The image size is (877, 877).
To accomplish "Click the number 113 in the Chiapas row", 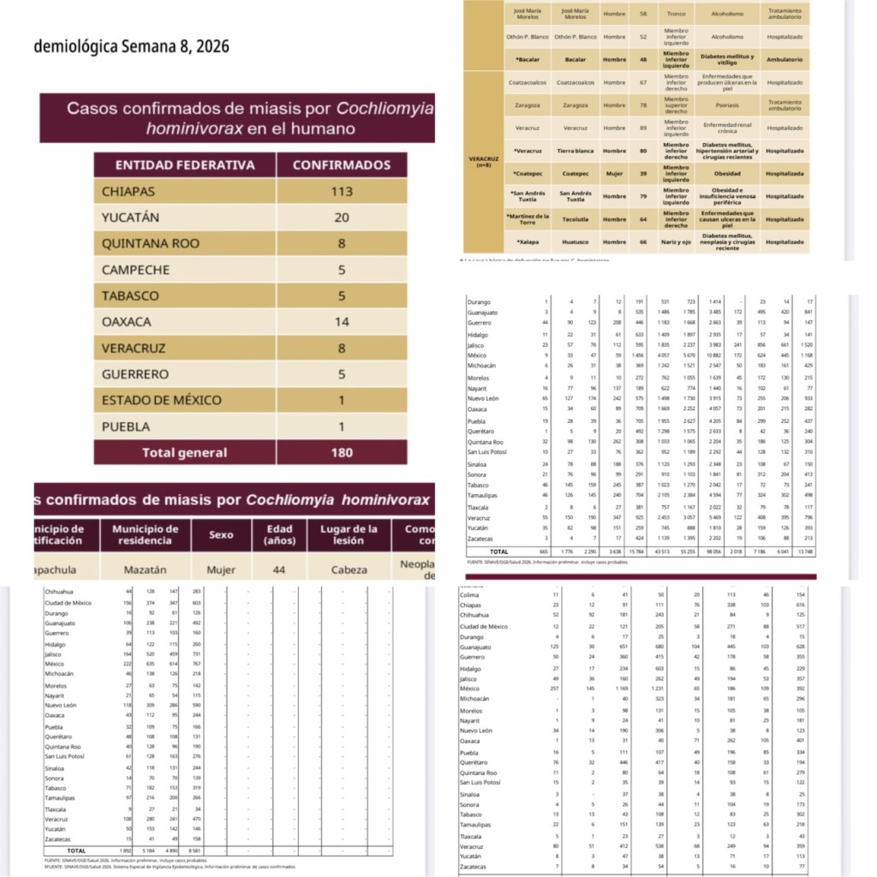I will [342, 191].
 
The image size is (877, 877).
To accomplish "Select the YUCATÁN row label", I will [130, 218].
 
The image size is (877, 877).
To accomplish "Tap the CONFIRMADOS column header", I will [342, 165].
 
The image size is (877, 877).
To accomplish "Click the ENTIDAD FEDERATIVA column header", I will [185, 165].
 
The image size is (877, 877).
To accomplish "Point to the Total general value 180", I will [342, 452].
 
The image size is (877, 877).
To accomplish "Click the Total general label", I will [185, 452].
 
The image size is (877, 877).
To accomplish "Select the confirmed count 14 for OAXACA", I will [342, 322].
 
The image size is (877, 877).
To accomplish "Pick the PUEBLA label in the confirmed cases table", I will [126, 427].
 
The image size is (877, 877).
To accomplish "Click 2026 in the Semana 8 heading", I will [208, 46].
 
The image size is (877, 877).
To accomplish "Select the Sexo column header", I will [221, 535].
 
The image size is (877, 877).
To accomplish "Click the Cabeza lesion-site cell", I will [349, 569].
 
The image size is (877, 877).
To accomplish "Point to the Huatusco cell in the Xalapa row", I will [576, 242].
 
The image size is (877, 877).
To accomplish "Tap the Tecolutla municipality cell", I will [576, 219].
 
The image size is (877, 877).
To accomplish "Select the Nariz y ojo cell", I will [676, 242].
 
